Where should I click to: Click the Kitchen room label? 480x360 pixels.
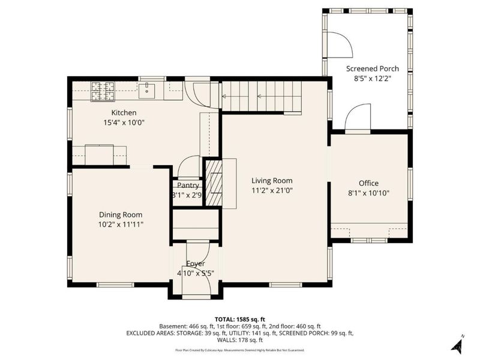[124, 113]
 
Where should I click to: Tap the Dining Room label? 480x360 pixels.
[121, 215]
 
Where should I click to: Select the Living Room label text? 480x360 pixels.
[272, 181]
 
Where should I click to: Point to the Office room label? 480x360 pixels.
[368, 184]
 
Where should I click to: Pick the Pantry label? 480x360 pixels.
[188, 186]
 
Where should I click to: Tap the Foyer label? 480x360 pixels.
[196, 264]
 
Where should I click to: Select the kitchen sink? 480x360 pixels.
[147, 91]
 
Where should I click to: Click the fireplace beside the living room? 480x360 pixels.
[214, 182]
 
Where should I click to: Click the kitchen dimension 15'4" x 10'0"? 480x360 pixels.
[124, 122]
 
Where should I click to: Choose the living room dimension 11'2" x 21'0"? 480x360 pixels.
[272, 190]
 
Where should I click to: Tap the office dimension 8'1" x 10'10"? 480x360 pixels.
[368, 193]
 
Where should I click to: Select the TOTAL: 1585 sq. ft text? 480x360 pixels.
[240, 319]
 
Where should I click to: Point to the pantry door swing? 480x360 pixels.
[190, 167]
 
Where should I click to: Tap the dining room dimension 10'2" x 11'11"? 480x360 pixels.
[121, 224]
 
